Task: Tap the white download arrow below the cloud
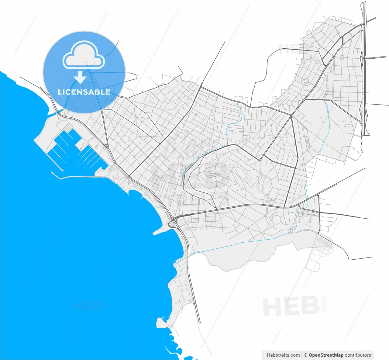pyautogui.click(x=80, y=77)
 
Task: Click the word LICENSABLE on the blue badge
pyautogui.click(x=84, y=92)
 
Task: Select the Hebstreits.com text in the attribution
pyautogui.click(x=283, y=355)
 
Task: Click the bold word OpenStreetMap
pyautogui.click(x=326, y=355)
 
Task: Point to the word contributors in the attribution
pyautogui.click(x=358, y=355)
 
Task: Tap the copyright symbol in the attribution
pyautogui.click(x=306, y=355)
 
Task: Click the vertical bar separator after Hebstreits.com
pyautogui.click(x=302, y=355)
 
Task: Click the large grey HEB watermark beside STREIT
pyautogui.click(x=291, y=306)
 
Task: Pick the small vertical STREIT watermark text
pyautogui.click(x=324, y=304)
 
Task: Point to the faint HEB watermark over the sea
pyautogui.click(x=87, y=306)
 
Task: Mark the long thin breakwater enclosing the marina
pyautogui.click(x=73, y=177)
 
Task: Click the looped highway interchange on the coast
pyautogui.click(x=172, y=224)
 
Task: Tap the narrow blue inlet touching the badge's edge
pyautogui.click(x=55, y=113)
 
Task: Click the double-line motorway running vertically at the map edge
pyautogui.click(x=365, y=70)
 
